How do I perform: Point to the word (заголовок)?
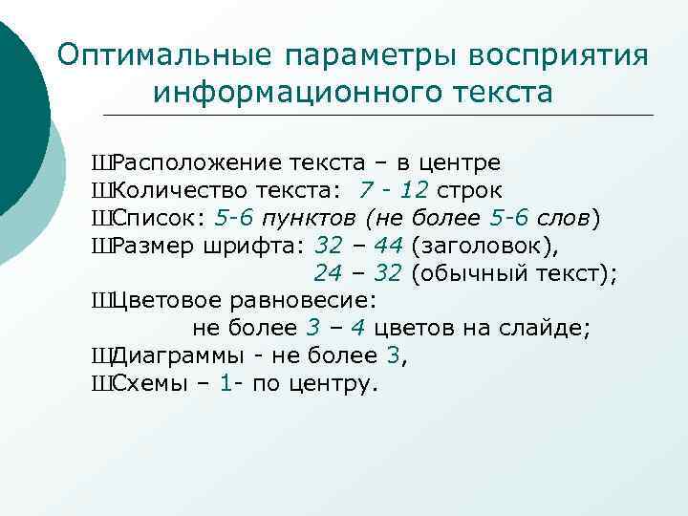(x=470, y=246)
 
